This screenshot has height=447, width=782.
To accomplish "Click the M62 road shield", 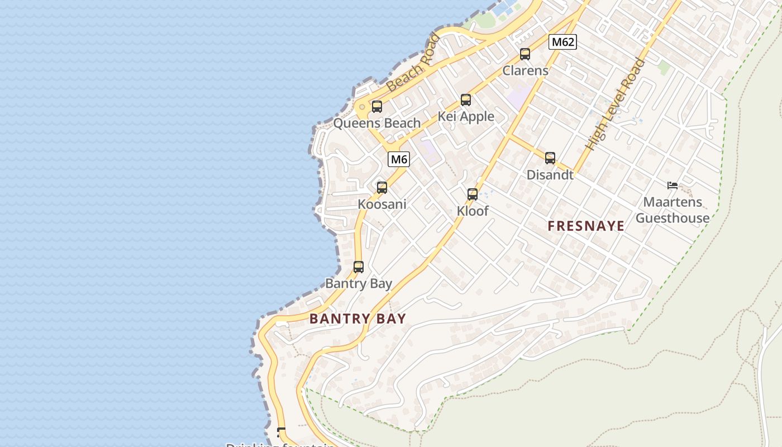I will [562, 42].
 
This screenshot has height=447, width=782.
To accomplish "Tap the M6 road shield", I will [399, 159].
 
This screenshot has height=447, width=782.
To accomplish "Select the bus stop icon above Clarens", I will [525, 54].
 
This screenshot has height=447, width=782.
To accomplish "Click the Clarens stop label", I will [525, 71].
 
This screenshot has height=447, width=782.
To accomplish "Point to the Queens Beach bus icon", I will [377, 107].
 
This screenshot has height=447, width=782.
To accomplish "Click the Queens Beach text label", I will [377, 123].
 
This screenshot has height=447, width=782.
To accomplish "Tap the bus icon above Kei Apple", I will [466, 100].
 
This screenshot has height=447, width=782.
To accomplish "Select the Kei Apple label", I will [466, 117].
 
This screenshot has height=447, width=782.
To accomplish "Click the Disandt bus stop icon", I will [550, 158].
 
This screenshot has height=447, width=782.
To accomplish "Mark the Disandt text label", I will [550, 175].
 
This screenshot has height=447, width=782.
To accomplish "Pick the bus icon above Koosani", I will [382, 188].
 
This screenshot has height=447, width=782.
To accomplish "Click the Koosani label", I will [382, 205].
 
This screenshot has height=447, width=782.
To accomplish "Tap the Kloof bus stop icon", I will [473, 194].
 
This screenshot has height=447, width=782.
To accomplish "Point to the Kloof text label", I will [473, 211].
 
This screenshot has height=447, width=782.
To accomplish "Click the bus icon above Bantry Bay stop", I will [359, 267].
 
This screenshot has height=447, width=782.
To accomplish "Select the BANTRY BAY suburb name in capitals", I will [357, 319].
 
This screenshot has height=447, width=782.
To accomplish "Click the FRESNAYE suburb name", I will [586, 226].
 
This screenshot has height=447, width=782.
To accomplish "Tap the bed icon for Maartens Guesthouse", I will [673, 186].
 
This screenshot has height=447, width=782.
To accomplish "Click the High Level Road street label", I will [615, 104].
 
